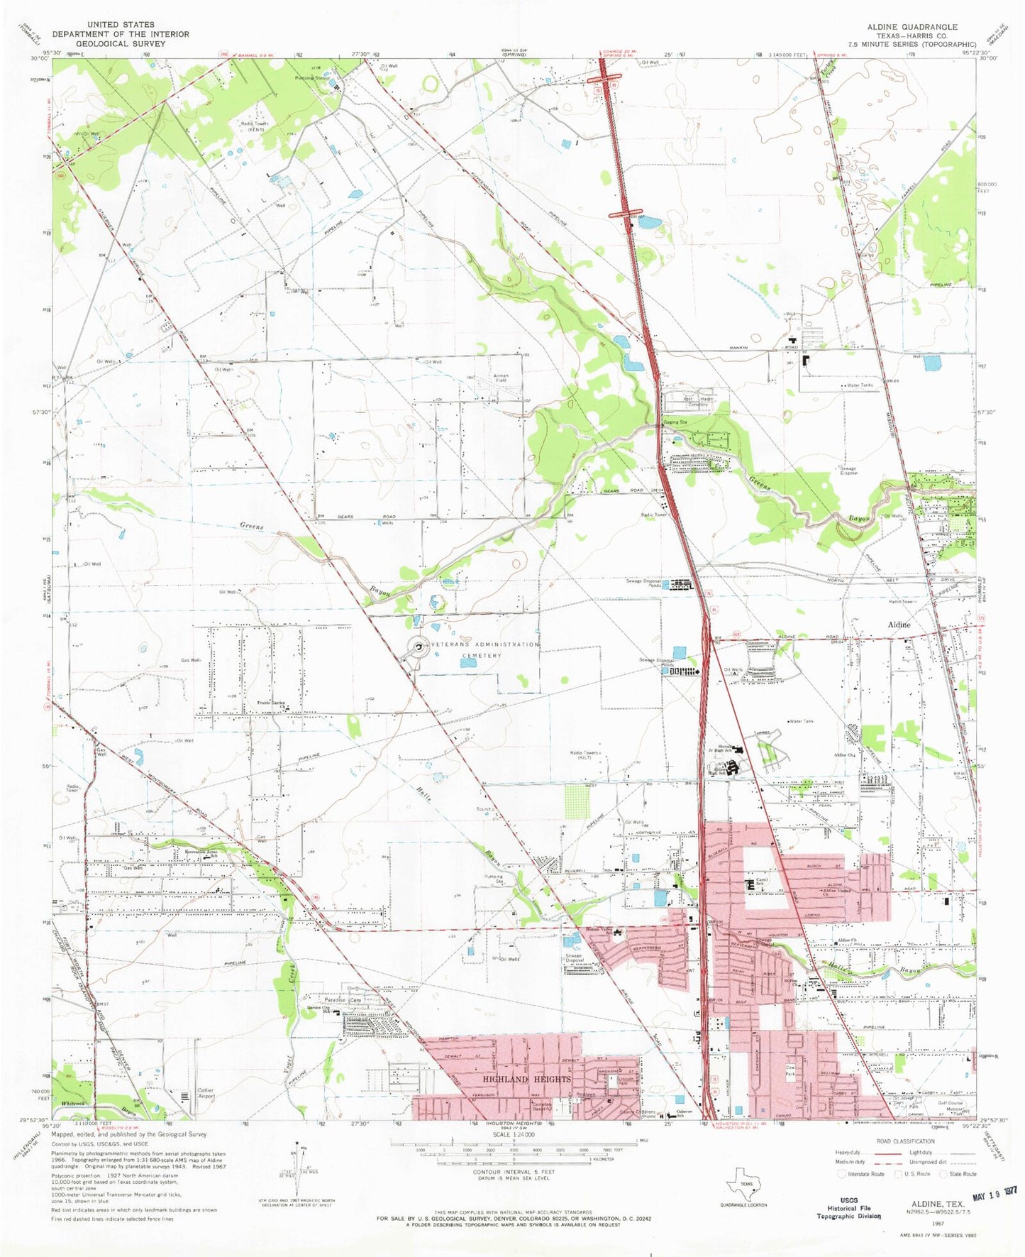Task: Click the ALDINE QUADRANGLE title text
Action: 912,27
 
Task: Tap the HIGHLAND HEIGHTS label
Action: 526,1080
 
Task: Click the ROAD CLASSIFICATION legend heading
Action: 905,1141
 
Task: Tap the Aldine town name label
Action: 899,625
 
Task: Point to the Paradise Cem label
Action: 343,1000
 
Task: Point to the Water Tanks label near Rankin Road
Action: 860,385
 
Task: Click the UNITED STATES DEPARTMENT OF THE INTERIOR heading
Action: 120,33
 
